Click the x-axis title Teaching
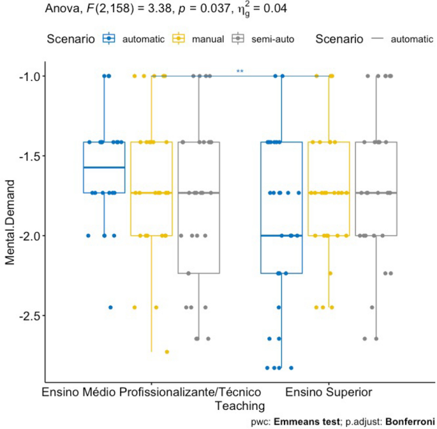(239, 405)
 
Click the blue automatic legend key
(111, 39)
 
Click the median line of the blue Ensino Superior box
(281, 235)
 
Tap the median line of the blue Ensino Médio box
(103, 168)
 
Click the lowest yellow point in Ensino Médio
(167, 351)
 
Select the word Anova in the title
(61, 9)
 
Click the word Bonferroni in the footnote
(405, 421)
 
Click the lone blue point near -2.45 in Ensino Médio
(110, 307)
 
